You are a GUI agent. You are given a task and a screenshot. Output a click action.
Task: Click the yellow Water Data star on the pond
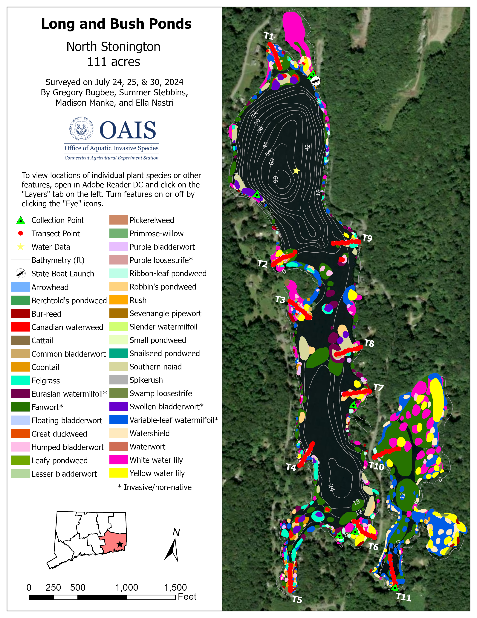tap(296, 171)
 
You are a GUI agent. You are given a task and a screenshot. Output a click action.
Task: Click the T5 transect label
tap(297, 599)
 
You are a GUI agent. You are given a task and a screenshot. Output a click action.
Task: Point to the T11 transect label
tap(403, 597)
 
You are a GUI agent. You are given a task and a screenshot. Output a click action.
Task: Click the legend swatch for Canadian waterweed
tap(20, 327)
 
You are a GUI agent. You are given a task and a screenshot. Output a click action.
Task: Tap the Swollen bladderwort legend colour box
tap(118, 407)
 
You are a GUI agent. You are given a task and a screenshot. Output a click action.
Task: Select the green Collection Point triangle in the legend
tap(21, 220)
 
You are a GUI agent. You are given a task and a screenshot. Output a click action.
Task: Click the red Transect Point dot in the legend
tap(21, 234)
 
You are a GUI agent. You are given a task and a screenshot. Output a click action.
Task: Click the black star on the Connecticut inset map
tap(120, 544)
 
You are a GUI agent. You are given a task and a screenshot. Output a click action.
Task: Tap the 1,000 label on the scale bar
tap(127, 587)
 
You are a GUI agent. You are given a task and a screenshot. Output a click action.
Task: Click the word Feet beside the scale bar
tap(187, 596)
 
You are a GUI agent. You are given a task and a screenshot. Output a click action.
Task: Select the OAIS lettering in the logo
tap(128, 130)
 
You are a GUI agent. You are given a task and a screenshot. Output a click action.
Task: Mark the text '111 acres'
tap(113, 62)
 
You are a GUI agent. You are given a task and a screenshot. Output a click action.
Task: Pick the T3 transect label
tap(280, 299)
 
